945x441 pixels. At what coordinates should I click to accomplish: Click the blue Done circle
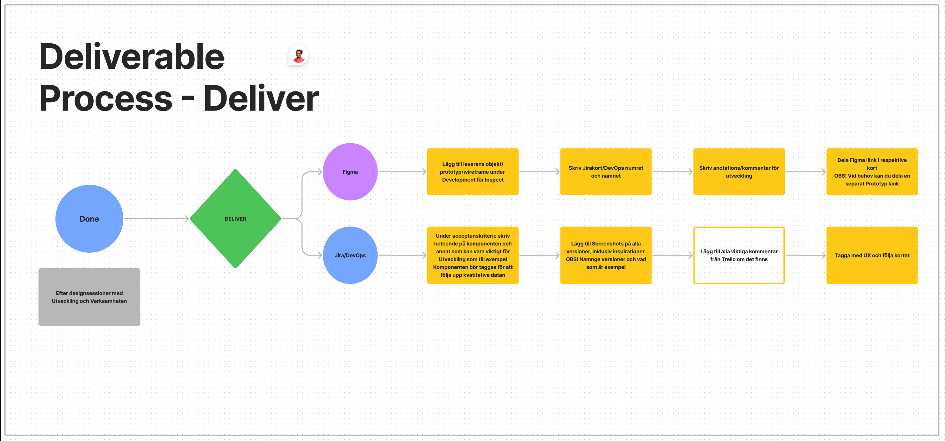tap(89, 219)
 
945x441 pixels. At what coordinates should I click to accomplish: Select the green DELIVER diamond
tap(235, 219)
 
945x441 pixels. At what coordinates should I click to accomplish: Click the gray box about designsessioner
tap(89, 297)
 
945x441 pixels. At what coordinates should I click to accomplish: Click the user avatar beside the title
tap(299, 56)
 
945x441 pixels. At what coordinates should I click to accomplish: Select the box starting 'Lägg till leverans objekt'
tap(473, 172)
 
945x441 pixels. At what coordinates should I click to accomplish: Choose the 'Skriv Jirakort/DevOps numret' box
tap(606, 172)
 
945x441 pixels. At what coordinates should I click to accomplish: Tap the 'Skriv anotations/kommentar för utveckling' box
tap(739, 172)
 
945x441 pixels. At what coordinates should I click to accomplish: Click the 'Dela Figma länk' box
tap(872, 172)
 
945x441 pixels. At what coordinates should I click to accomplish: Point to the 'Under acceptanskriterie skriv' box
tap(473, 255)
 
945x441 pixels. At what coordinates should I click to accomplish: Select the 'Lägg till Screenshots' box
tap(606, 255)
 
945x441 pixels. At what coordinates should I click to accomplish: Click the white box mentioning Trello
tap(739, 255)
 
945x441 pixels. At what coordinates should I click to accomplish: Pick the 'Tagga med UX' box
tap(872, 255)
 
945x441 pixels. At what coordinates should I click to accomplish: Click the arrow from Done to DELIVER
tap(157, 219)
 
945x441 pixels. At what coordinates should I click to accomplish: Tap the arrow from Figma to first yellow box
tap(402, 172)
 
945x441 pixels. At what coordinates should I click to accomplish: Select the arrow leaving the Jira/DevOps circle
tap(402, 255)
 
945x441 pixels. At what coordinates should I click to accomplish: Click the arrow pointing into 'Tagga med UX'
tap(805, 255)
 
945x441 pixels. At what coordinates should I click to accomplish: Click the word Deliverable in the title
tap(132, 56)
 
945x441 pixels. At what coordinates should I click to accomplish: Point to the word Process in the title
tap(106, 98)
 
